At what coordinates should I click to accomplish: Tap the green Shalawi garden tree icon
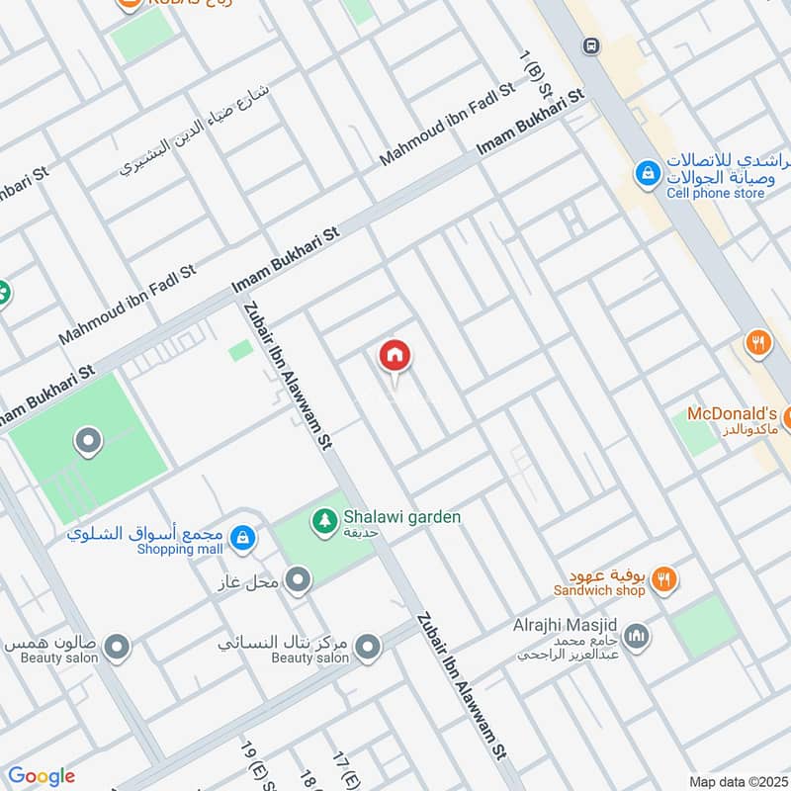[323, 518]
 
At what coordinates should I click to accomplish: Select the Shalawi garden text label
[401, 516]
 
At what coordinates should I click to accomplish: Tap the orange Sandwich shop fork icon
[664, 580]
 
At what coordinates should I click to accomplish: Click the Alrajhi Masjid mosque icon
[638, 636]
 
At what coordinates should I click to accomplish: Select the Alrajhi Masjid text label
[565, 626]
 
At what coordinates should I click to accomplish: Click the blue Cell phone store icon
[648, 174]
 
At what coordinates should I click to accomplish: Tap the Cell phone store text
[716, 194]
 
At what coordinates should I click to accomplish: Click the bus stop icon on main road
[591, 44]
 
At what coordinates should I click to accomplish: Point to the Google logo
[42, 776]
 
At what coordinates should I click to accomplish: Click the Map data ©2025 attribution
[736, 781]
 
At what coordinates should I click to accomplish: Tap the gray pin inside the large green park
[88, 441]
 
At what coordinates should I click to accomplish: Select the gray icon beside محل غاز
[298, 577]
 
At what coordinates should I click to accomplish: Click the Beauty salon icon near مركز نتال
[368, 648]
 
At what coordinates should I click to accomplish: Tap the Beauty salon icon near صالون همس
[118, 648]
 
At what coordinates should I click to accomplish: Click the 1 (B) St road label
[537, 75]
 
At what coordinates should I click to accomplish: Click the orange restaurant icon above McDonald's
[757, 343]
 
